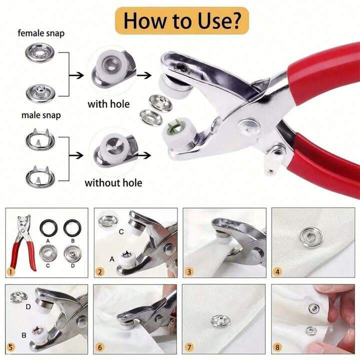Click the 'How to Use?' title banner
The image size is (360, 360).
coord(182,21)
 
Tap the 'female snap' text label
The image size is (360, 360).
coord(41,33)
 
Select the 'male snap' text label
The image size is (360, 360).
coord(41,115)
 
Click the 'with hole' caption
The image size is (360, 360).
coord(108,104)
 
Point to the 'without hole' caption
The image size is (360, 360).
coord(113,183)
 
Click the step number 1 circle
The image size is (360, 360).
coord(10,272)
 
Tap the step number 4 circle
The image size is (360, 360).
coord(277,272)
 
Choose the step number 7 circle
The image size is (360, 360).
coord(189,347)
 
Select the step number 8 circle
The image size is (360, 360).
coord(277,347)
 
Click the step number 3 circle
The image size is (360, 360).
coord(189,272)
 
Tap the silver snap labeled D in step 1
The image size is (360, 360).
coord(72,253)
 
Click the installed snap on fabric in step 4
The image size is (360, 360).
coord(311,237)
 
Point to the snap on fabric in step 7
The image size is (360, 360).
coord(220,320)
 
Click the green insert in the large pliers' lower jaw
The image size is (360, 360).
coord(174,126)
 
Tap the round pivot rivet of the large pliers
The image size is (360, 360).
coord(249,126)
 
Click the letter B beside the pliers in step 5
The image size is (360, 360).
coord(23,335)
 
